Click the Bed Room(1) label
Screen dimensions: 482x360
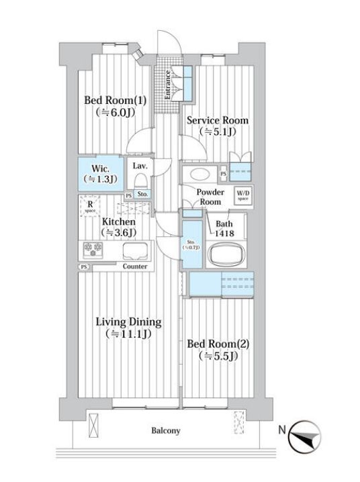click(x=114, y=101)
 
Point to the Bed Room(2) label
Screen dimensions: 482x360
click(x=218, y=344)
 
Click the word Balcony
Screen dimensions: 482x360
click(x=165, y=431)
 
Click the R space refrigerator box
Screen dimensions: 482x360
click(x=90, y=206)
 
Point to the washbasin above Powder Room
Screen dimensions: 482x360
click(x=200, y=174)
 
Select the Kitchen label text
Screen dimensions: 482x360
click(x=119, y=222)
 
